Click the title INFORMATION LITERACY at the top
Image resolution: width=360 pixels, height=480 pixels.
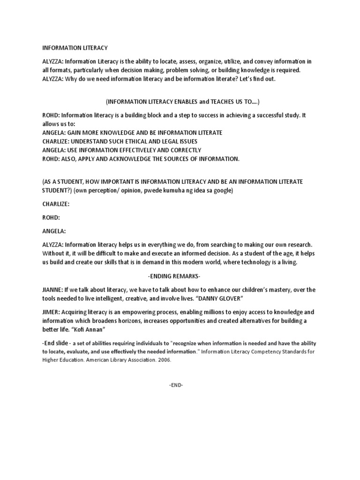pyautogui.click(x=75, y=48)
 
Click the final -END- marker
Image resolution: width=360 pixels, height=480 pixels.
pyautogui.click(x=176, y=385)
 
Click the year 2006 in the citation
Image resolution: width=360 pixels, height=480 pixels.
pyautogui.click(x=164, y=360)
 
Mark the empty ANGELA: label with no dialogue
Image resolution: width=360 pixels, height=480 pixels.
pyautogui.click(x=54, y=231)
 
